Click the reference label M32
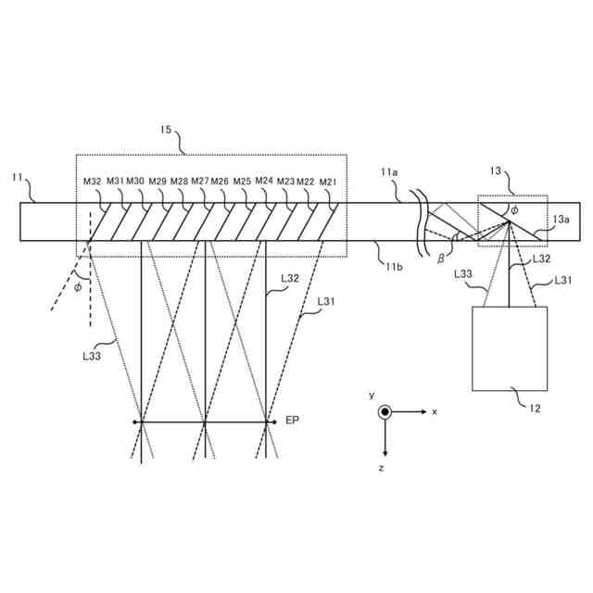click(x=92, y=182)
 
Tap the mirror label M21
click(x=329, y=183)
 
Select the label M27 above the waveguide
click(x=201, y=182)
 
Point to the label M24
click(x=264, y=182)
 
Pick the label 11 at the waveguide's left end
click(x=18, y=177)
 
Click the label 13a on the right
click(x=561, y=220)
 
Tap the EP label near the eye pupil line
click(x=292, y=421)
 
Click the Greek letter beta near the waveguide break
click(x=440, y=258)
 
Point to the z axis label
click(x=381, y=470)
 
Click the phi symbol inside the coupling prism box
click(x=515, y=210)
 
